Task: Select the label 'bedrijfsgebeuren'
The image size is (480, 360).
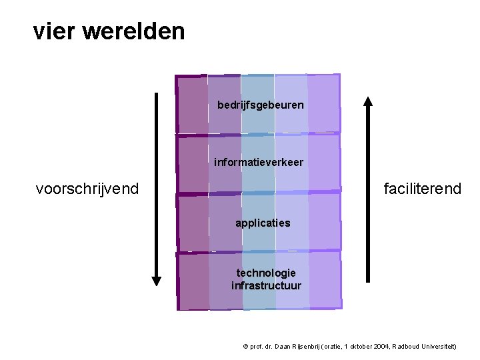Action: click(261, 105)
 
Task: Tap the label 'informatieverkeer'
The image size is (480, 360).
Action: click(259, 162)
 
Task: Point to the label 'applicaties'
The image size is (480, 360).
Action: click(263, 223)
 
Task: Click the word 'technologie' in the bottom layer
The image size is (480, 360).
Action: click(266, 273)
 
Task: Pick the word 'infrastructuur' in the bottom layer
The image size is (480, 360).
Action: click(266, 285)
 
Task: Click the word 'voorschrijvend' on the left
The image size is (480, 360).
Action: click(87, 189)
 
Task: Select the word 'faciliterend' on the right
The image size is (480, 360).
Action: click(423, 189)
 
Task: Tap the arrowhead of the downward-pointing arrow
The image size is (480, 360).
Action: click(157, 281)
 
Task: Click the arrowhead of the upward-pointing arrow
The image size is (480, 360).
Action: click(367, 101)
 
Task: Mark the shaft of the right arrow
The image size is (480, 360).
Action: click(367, 200)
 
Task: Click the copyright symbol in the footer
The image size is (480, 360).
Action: click(245, 347)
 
